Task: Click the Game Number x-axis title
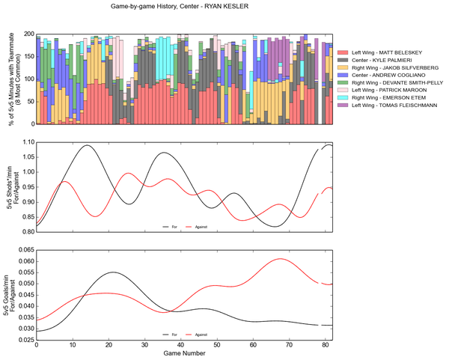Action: point(183,354)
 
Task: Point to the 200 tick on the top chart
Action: point(28,34)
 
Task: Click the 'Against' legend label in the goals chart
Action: point(201,335)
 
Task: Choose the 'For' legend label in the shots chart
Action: point(173,226)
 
